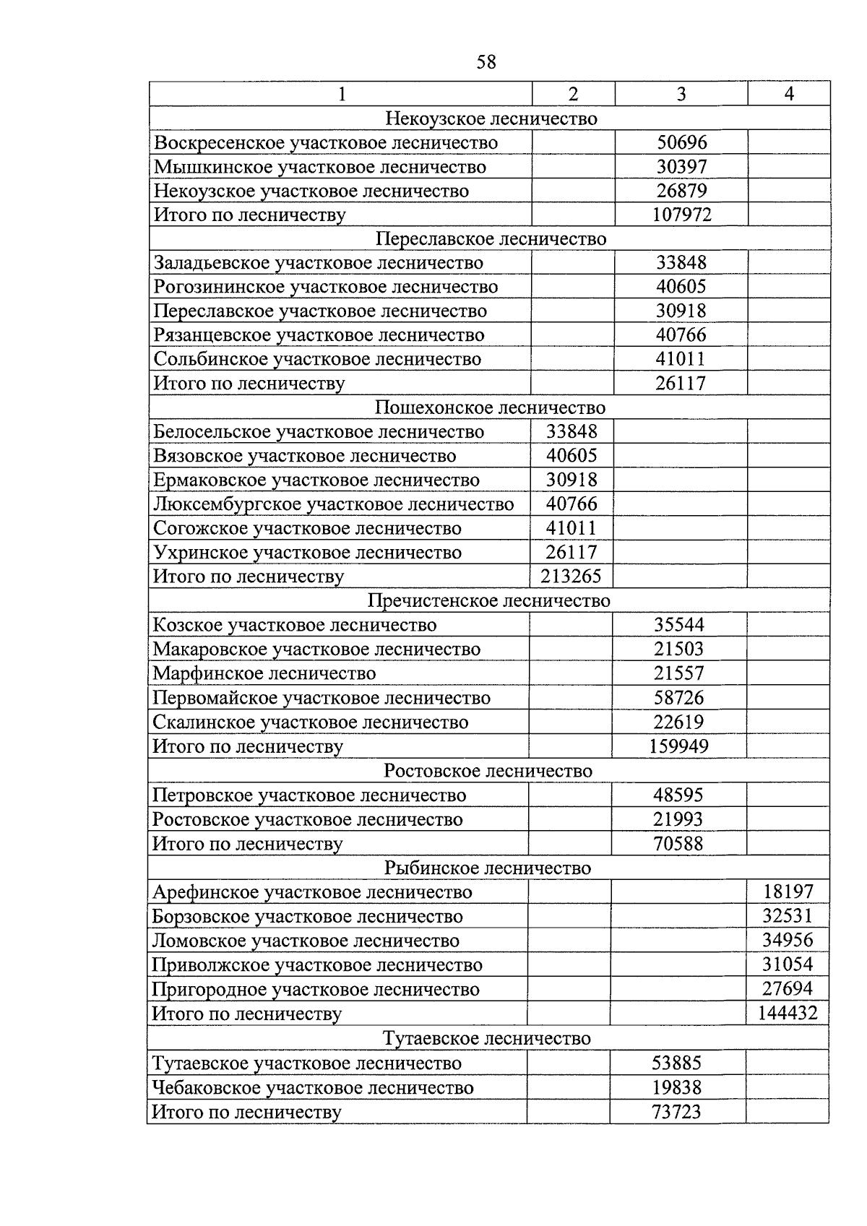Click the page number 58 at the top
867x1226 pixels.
(486, 62)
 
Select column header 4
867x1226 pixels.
(789, 93)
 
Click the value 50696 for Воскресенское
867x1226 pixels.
(681, 142)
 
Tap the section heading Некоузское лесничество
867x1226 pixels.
(491, 118)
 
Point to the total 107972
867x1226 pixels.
(681, 215)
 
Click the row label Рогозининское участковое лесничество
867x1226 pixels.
(326, 287)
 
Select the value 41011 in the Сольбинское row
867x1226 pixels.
(681, 359)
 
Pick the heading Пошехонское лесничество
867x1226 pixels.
(489, 407)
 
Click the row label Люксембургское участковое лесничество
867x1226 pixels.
(333, 504)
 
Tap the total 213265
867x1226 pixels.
(571, 577)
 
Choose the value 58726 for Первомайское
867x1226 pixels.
(678, 698)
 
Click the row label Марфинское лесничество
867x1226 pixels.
(264, 673)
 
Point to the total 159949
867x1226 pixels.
(678, 746)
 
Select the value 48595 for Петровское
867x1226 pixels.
(678, 795)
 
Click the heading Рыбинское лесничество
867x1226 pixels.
(487, 868)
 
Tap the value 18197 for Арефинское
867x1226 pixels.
(788, 892)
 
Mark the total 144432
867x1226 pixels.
(788, 1013)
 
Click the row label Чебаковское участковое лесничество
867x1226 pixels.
(313, 1087)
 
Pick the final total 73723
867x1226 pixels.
(676, 1112)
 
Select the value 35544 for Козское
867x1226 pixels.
(678, 625)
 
